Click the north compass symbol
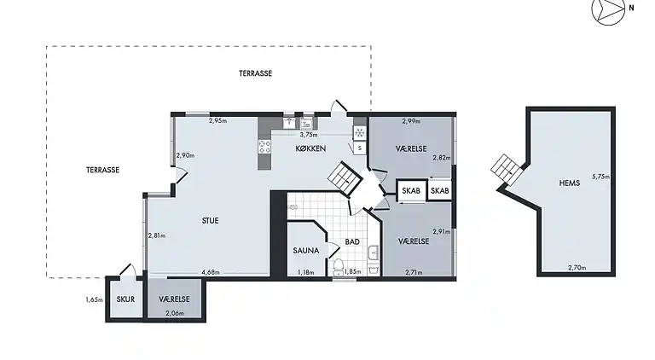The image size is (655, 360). coord(608,9)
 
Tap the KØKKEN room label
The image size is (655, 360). coord(310,148)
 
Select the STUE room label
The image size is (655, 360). coord(210,220)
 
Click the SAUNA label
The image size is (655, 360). coord(306,251)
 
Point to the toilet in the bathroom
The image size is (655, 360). coord(338,267)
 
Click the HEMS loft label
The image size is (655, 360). coord(570,183)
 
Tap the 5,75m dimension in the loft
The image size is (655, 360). coord(600,177)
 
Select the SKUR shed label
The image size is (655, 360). coord(125,299)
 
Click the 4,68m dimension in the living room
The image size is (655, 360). coord(211,272)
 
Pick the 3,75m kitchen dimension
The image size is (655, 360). coord(308,135)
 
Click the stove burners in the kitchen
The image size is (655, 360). coord(264,147)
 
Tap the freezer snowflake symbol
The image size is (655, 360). coord(359,133)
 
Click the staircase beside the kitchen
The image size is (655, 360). coord(345,177)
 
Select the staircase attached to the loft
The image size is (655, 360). coord(507,170)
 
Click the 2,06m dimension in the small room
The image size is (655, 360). coord(174,313)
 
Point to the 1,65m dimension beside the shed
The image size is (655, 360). coord(94,299)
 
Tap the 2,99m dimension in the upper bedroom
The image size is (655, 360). coord(411,121)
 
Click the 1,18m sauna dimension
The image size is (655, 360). coord(305,272)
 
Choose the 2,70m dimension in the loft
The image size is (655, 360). coord(577,268)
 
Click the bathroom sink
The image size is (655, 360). coord(373,253)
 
